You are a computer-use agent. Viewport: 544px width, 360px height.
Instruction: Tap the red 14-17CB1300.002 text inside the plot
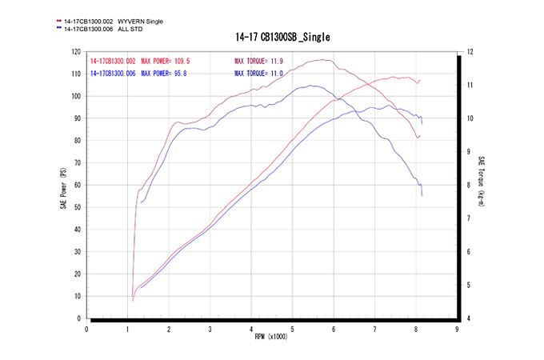coord(114,61)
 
